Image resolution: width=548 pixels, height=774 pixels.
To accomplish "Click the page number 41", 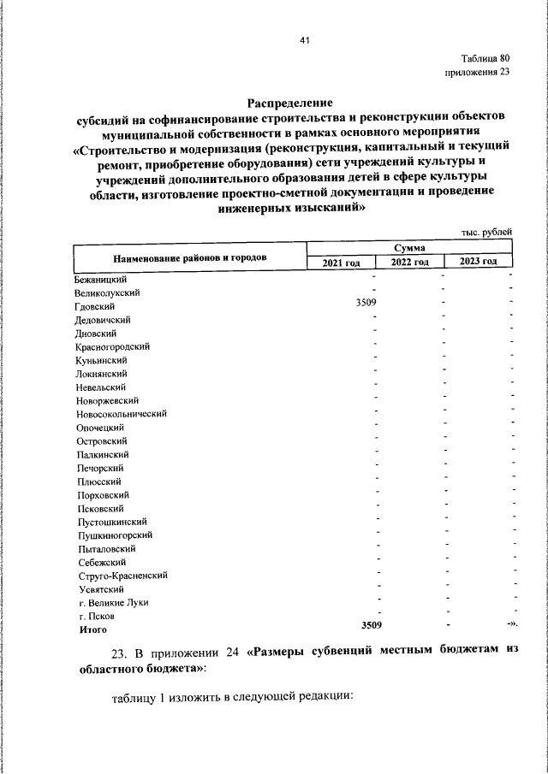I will point(304,40).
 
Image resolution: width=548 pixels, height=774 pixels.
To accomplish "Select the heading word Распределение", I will point(289,101).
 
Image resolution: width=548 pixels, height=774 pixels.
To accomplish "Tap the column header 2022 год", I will point(409,262).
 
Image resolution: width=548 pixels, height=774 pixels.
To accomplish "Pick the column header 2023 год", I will point(478,262).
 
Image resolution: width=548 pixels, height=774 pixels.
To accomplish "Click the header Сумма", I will point(409,247).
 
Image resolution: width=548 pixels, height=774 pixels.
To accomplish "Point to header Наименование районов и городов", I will point(189,256).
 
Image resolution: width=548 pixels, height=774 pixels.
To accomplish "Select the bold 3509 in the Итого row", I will point(371,626).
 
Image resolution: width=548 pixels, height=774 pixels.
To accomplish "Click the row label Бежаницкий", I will point(101,279).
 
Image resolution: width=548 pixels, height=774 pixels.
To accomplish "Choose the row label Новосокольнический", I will point(121,413).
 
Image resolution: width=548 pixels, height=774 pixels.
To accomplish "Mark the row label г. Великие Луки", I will point(113,602).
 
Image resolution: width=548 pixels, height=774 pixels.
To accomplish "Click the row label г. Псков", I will point(96,616).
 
